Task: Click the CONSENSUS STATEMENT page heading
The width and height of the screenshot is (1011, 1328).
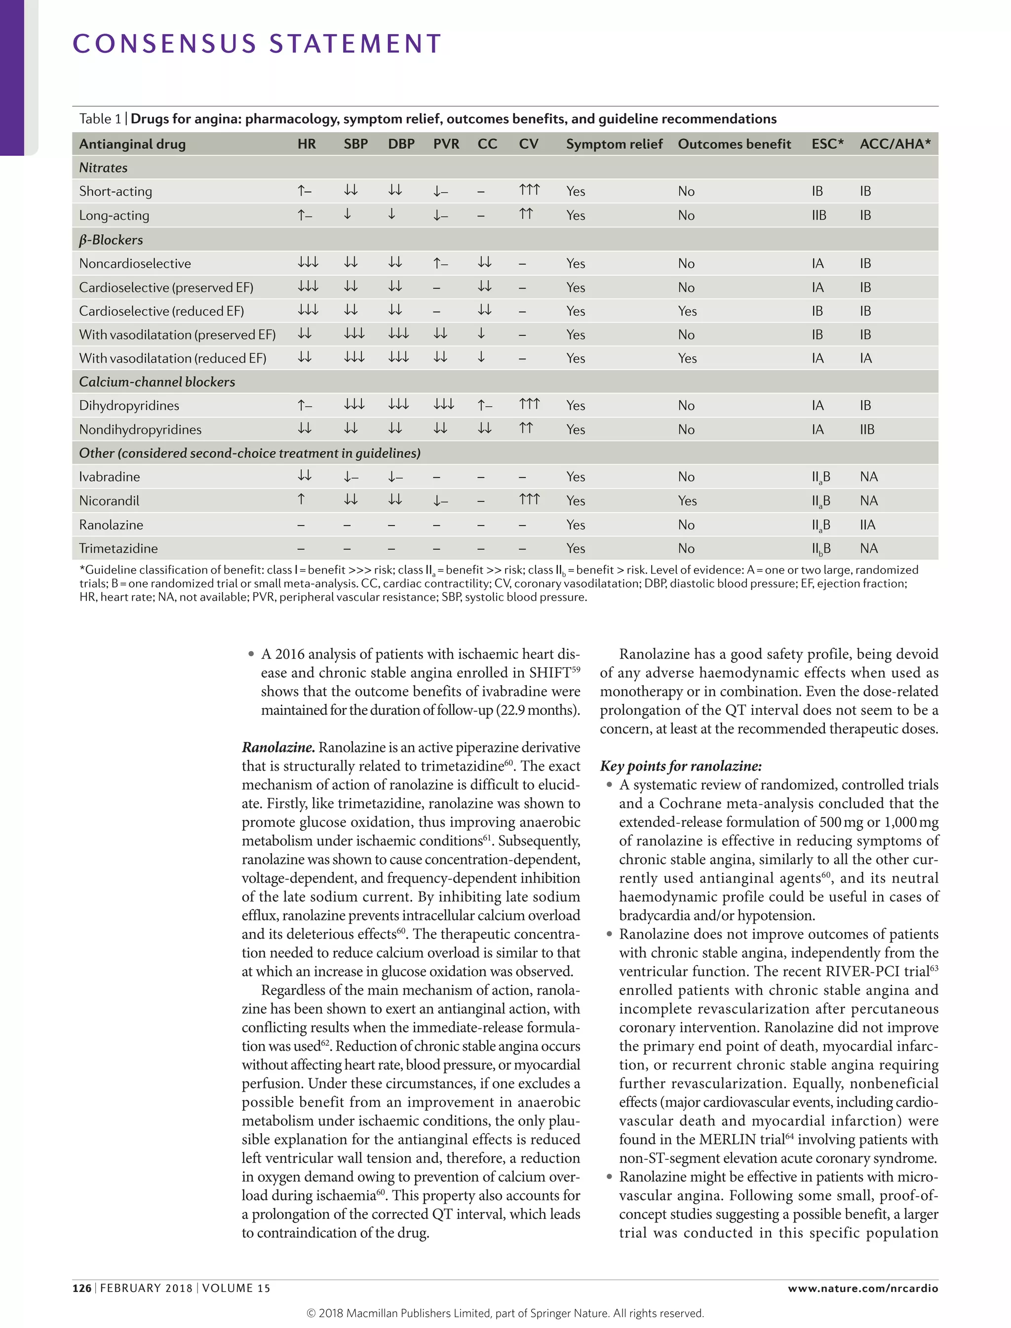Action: [x=257, y=44]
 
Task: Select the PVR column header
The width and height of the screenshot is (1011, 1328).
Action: [x=446, y=144]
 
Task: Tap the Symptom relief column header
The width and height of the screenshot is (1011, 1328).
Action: [x=613, y=144]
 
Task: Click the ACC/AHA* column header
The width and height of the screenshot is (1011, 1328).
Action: [x=895, y=144]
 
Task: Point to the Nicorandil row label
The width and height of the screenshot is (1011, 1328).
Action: [x=109, y=500]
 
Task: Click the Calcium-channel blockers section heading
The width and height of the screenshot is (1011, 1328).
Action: [x=156, y=382]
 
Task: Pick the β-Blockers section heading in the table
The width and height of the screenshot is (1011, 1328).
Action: [x=111, y=239]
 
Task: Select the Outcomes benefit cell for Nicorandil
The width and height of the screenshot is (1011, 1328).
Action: [x=687, y=500]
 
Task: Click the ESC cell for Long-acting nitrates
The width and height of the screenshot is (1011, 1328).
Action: [x=818, y=215]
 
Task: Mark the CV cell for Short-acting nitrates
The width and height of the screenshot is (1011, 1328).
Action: [x=529, y=190]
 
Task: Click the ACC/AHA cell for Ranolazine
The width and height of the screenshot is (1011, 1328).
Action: [x=867, y=524]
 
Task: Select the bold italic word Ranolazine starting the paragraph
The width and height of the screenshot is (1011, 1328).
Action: [x=278, y=747]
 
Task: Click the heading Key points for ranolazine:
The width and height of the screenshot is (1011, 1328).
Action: [x=681, y=766]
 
